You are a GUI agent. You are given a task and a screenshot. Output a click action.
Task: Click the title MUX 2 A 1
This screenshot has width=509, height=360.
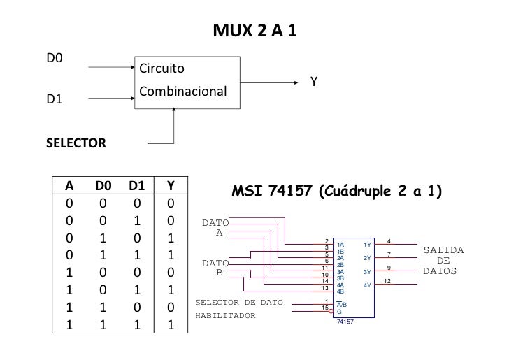(x=254, y=32)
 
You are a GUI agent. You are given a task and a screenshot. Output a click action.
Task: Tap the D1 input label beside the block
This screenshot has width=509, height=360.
(x=55, y=99)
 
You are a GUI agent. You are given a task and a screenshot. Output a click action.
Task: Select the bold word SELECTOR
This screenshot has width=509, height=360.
(x=76, y=143)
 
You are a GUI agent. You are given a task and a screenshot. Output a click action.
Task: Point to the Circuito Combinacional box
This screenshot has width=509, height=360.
(x=187, y=80)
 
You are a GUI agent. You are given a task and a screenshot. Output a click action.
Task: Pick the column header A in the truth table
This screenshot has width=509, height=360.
(x=69, y=186)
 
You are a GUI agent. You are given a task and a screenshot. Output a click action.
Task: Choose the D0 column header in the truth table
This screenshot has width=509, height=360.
(x=103, y=186)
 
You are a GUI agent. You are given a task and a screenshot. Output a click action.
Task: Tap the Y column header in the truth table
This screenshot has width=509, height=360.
(x=171, y=186)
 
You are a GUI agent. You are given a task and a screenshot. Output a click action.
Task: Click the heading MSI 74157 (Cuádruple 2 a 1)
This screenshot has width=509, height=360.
(x=338, y=191)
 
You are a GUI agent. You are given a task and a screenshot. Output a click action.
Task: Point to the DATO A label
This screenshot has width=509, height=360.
(x=215, y=228)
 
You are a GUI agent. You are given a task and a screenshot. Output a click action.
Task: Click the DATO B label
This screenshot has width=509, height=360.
(x=215, y=268)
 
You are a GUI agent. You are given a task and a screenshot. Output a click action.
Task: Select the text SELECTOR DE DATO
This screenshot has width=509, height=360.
(x=238, y=303)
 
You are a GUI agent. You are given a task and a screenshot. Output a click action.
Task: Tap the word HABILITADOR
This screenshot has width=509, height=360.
(x=225, y=315)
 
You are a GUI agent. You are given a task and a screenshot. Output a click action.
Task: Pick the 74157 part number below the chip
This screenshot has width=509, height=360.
(x=346, y=322)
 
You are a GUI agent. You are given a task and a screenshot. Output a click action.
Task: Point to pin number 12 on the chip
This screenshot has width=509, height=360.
(x=389, y=281)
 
